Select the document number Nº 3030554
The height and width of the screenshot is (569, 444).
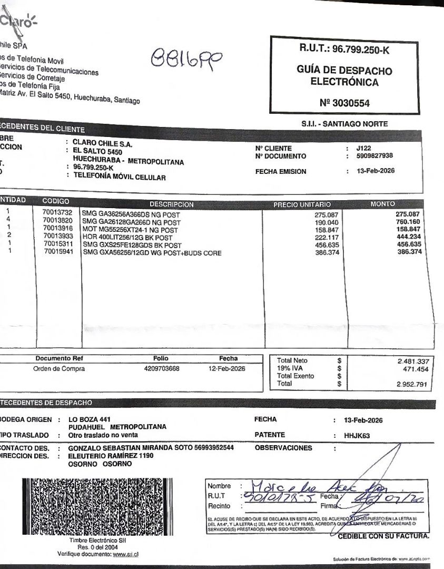pyautogui.click(x=344, y=103)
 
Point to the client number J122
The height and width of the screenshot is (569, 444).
pyautogui.click(x=364, y=149)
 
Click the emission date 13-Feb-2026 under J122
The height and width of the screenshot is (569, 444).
pyautogui.click(x=376, y=171)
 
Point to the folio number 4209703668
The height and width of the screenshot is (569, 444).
pyautogui.click(x=161, y=369)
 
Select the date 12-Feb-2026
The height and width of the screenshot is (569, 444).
pyautogui.click(x=227, y=369)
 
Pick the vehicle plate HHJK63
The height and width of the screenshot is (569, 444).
pyautogui.click(x=357, y=435)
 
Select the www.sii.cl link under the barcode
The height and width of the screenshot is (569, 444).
pyautogui.click(x=126, y=554)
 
